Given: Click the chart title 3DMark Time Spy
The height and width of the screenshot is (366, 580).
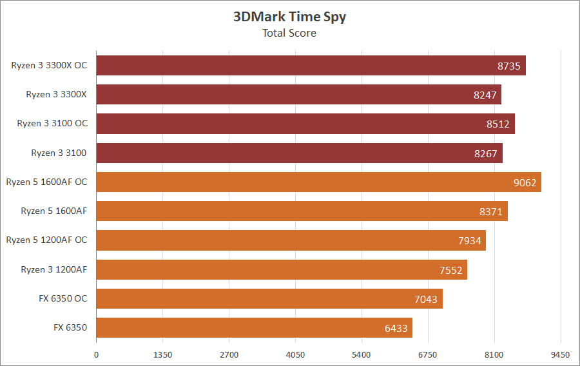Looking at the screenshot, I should (x=289, y=17).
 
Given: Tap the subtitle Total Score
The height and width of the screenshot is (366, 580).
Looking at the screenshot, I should (x=289, y=33).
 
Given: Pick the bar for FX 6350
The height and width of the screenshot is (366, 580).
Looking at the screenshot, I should (x=254, y=328).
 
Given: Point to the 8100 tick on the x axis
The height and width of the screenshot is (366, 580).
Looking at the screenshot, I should (x=494, y=354).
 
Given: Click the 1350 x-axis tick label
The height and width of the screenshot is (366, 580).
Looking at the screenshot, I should (x=162, y=354).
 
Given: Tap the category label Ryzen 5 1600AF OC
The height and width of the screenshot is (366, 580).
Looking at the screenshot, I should (x=46, y=182).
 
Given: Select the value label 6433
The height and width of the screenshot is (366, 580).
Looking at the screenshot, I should (x=396, y=328).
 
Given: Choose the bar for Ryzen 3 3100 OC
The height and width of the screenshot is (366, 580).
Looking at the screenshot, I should (x=305, y=124).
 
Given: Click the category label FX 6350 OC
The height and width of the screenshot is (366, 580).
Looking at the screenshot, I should (x=63, y=299).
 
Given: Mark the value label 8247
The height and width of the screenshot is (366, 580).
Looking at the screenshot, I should (x=485, y=95).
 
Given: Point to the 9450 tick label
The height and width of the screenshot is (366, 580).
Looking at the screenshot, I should (x=561, y=354).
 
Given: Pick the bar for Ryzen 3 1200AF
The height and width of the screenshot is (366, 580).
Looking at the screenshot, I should (x=282, y=269).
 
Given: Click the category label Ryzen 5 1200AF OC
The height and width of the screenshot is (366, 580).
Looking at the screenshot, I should (x=46, y=240).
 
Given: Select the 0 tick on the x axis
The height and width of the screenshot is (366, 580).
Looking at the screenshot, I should (x=97, y=354).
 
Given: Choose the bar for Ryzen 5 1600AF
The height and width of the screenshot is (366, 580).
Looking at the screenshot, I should (x=302, y=211).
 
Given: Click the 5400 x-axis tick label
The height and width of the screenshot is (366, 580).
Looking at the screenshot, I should (x=362, y=354).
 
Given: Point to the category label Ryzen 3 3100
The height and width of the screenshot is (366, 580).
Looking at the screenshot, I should (x=59, y=153).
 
